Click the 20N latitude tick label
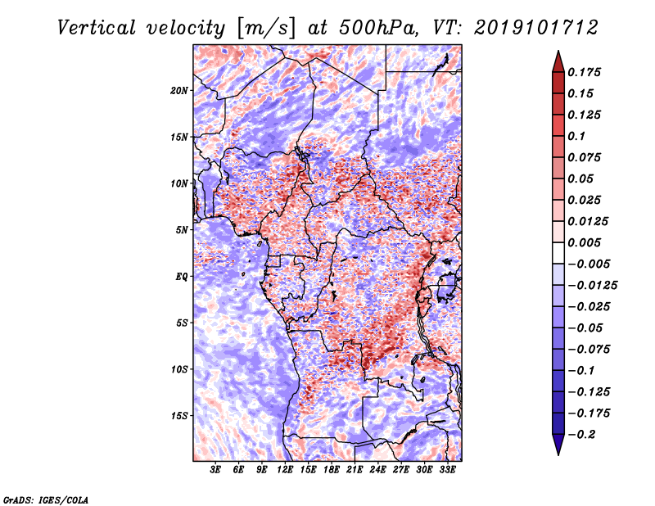(179, 91)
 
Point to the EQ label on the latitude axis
(182, 277)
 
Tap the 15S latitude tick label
(179, 416)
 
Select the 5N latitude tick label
(182, 230)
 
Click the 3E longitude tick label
(215, 470)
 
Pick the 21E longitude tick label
(355, 470)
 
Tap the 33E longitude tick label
(447, 470)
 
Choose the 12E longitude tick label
(285, 470)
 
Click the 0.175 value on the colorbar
(584, 72)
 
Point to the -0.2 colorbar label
(582, 435)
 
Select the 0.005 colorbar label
(584, 242)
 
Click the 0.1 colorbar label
(576, 136)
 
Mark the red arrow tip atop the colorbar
(558, 51)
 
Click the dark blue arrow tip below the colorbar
(558, 454)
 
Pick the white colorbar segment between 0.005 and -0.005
(558, 253)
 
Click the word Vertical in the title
(97, 28)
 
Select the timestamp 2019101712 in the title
(536, 28)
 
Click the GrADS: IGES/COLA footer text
(46, 500)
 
